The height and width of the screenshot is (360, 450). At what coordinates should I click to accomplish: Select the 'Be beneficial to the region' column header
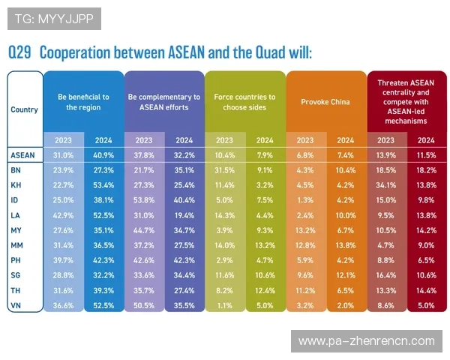[83, 102]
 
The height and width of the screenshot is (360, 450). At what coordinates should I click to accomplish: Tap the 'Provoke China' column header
[325, 102]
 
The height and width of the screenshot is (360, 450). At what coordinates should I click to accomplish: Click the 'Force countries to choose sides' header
[244, 102]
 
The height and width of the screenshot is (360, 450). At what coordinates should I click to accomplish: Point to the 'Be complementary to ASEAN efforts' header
[164, 102]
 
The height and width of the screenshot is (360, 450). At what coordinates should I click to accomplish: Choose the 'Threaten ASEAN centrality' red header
[406, 101]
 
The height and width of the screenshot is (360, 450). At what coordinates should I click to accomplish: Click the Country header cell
[24, 109]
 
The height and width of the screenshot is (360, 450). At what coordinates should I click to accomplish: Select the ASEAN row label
[23, 154]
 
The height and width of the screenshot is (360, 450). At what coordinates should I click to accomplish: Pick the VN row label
[16, 305]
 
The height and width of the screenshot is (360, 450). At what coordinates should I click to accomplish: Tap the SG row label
[16, 275]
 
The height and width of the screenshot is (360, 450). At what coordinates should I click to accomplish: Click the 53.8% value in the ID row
[143, 199]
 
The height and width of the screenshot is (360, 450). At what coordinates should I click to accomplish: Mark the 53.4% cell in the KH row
[103, 184]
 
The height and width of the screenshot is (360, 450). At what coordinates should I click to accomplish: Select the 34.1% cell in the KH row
[385, 184]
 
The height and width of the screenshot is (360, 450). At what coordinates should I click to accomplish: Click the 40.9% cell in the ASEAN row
[103, 154]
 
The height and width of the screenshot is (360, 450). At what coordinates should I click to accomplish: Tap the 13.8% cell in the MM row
[346, 245]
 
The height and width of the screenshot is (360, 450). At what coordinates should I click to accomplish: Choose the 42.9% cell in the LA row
[63, 215]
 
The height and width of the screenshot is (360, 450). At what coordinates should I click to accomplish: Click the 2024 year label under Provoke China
[346, 139]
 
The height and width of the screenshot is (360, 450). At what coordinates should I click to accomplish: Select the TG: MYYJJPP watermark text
[50, 18]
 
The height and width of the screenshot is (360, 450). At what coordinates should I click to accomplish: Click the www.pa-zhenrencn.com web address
[366, 341]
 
